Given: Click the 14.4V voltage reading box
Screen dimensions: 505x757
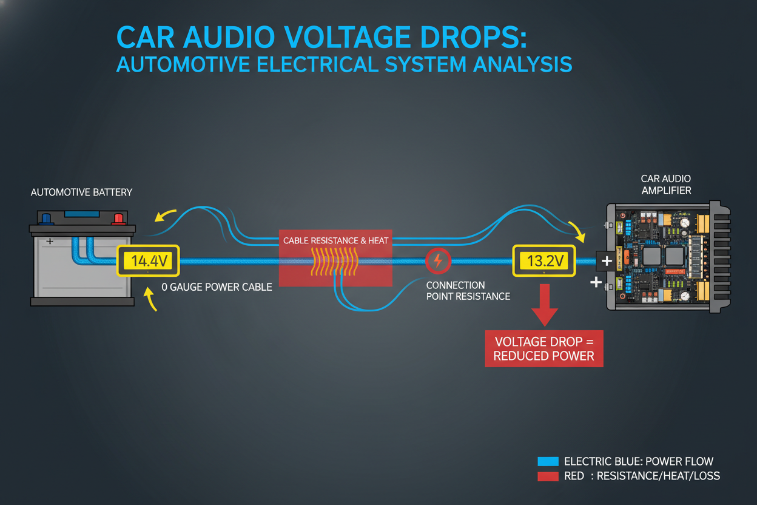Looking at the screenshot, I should click(148, 262).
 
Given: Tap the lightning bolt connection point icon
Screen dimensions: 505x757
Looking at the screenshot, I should click(437, 262).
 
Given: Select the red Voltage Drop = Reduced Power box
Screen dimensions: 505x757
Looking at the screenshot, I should click(543, 348).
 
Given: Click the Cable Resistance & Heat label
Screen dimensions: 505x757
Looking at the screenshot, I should click(335, 240).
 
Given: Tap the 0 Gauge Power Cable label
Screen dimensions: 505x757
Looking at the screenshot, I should click(217, 287).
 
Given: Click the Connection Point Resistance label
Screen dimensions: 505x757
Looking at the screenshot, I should click(468, 291).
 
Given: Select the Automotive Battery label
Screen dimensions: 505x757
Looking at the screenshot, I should click(81, 192).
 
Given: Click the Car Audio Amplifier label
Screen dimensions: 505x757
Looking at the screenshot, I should click(665, 185).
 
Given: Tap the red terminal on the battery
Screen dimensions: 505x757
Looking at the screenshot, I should click(118, 218).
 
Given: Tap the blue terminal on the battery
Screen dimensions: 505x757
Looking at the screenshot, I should click(45, 218).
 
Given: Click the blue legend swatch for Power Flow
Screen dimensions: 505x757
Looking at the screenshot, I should click(548, 461).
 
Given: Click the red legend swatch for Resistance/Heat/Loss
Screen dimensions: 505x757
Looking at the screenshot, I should click(548, 476).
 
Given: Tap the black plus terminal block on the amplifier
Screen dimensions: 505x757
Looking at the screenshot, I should click(605, 262).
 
